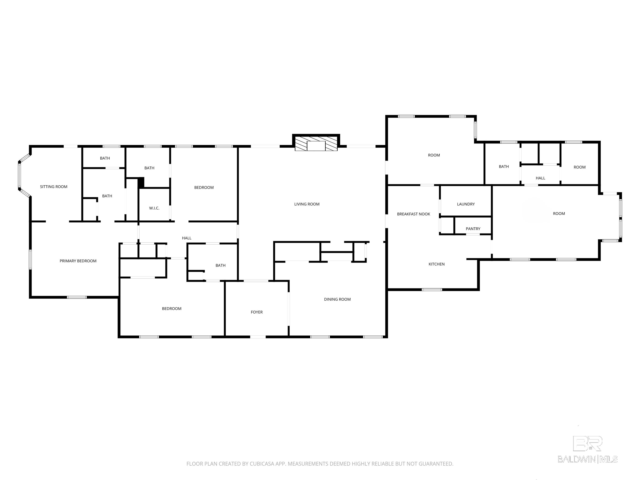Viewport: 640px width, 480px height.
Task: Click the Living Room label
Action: [x=307, y=204]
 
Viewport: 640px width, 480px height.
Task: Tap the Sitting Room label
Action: [x=54, y=187]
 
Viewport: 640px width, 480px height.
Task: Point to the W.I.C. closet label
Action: [x=154, y=208]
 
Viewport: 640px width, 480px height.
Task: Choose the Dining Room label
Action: [x=337, y=299]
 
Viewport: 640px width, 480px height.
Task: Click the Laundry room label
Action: [x=466, y=204]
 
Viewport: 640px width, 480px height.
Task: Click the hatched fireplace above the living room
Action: [x=316, y=143]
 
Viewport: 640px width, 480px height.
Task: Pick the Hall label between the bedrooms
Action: [x=187, y=238]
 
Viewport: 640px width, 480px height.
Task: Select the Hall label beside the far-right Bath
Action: [x=540, y=178]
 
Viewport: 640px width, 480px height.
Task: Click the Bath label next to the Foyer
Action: [x=220, y=266]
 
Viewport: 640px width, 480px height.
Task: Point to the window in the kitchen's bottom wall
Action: [x=432, y=290]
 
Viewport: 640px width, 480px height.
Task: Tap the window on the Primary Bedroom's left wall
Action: [x=30, y=260]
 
